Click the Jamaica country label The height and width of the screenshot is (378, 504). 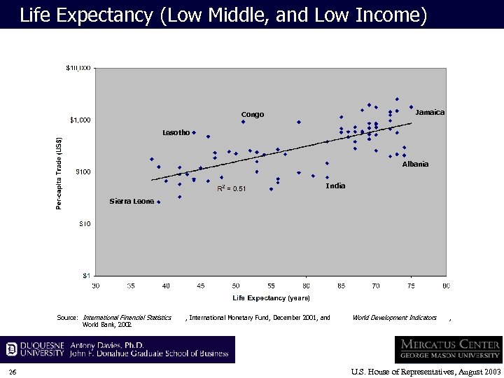coord(429,112)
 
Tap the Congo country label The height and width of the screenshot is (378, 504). coord(253,114)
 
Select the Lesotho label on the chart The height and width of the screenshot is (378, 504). coord(176,132)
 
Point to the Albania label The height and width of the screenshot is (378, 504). coord(415,164)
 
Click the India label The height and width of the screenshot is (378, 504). coord(335,186)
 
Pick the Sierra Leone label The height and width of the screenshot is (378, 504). coord(131,202)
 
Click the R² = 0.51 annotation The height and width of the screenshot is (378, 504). coord(231,188)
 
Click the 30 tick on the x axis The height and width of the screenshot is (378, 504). coord(96,286)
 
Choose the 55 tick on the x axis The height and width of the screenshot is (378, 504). coord(271,286)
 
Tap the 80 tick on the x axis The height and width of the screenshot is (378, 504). coord(446,286)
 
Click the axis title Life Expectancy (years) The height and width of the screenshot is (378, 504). coord(271,298)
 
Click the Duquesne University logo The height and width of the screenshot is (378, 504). coord(35,349)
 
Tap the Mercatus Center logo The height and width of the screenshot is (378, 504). coord(448,349)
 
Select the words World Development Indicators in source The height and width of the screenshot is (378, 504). coord(394,318)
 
